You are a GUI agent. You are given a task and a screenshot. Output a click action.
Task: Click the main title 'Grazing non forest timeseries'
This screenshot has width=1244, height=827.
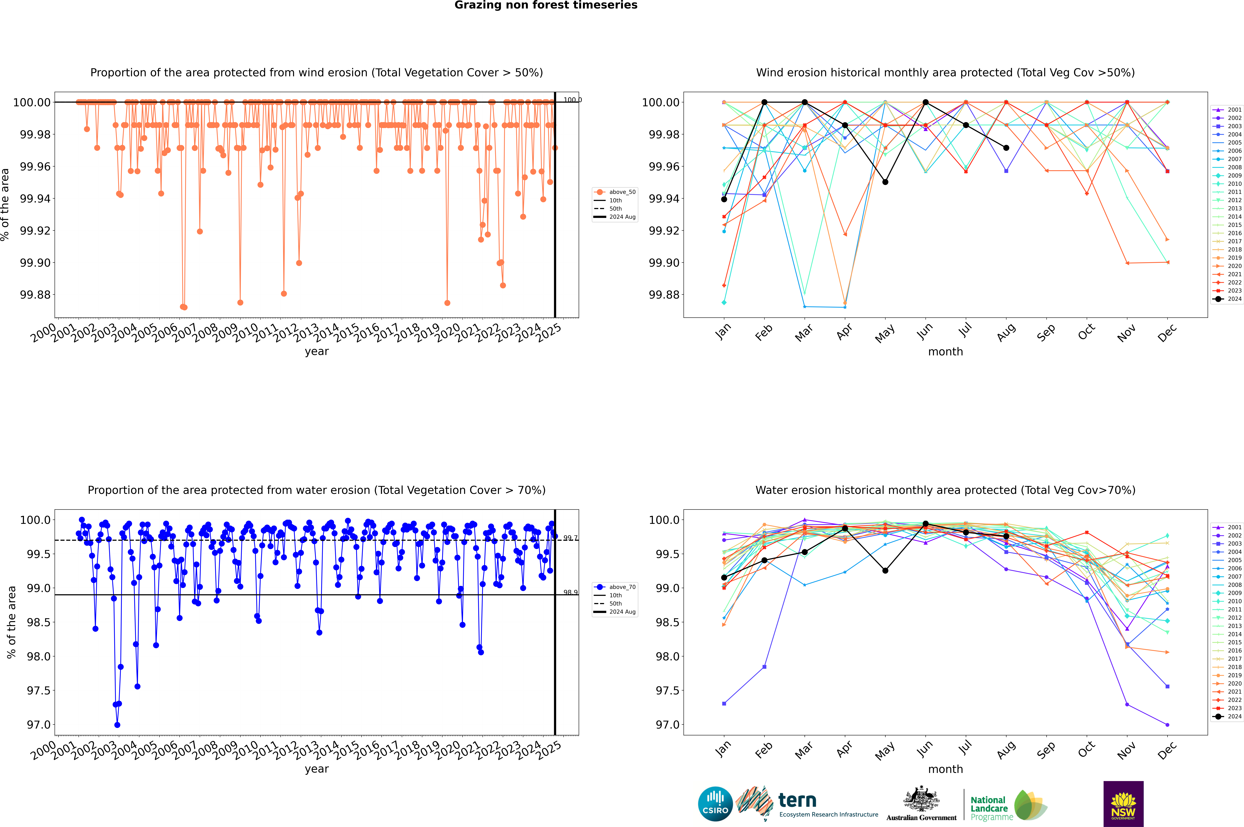[546, 5]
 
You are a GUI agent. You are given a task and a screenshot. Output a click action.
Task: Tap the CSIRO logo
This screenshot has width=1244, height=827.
[715, 804]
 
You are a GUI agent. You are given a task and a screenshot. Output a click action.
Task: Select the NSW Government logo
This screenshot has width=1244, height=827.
[1123, 804]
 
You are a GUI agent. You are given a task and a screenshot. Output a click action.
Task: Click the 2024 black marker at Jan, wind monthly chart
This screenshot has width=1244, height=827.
[724, 199]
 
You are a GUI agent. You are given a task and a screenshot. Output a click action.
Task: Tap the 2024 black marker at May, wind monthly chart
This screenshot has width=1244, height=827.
[885, 182]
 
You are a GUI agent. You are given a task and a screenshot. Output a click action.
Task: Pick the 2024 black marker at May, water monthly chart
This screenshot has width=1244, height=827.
[885, 571]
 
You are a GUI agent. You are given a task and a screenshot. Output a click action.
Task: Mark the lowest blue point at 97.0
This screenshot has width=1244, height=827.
[117, 725]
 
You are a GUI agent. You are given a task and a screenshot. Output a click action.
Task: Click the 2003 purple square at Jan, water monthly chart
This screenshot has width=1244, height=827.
[724, 704]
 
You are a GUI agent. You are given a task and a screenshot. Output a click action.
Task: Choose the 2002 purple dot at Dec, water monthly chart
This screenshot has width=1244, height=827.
[1167, 725]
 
